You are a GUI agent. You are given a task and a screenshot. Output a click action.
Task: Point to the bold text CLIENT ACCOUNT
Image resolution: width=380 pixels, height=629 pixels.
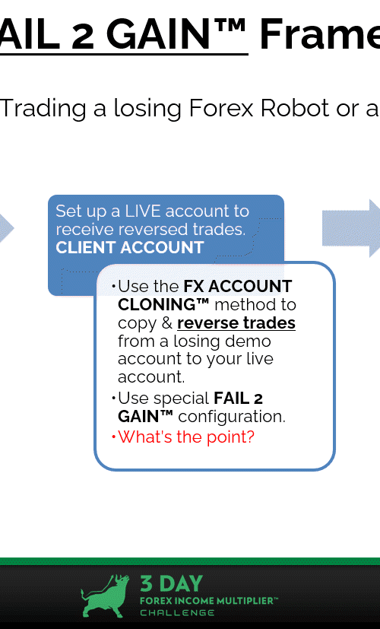[x=130, y=247]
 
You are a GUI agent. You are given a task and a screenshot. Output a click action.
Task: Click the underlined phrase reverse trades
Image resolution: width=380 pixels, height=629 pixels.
[x=236, y=323]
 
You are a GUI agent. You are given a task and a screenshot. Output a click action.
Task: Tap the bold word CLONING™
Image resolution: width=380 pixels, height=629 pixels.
[x=163, y=304]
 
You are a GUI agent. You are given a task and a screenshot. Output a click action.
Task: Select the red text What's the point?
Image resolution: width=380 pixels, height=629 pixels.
[x=186, y=437]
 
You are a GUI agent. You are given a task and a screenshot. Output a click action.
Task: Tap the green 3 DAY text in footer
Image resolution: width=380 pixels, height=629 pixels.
[x=171, y=584]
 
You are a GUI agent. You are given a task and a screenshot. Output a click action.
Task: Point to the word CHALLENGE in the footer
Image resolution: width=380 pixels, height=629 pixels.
[x=177, y=612]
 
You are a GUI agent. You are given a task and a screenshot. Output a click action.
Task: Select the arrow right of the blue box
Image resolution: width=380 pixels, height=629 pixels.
[x=351, y=228]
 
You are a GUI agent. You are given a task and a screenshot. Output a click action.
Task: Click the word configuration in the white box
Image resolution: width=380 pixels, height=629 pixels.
[x=232, y=417]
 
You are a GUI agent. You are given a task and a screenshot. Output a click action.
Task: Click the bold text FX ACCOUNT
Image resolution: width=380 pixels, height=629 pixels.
[x=238, y=287]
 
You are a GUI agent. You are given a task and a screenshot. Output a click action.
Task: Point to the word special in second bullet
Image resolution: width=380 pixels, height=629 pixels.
[x=181, y=399]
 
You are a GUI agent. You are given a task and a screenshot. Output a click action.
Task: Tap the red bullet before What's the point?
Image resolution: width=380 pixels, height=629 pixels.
[x=114, y=437]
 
